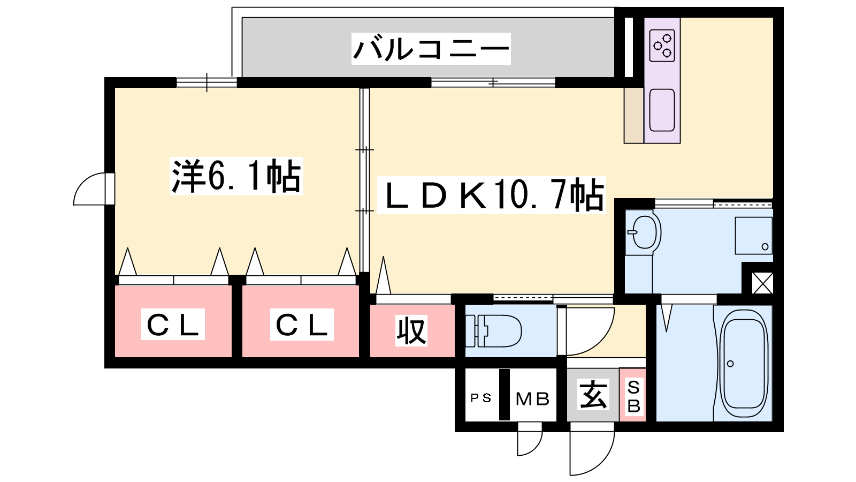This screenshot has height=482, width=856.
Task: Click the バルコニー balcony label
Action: [x=431, y=49]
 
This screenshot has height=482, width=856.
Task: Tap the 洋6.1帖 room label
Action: [x=236, y=176]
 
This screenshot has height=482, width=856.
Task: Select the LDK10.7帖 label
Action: [x=492, y=195]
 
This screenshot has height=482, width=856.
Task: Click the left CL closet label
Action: [x=173, y=324]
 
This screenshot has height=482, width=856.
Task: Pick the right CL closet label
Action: [x=302, y=324]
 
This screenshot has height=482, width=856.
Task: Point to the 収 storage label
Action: [x=411, y=330]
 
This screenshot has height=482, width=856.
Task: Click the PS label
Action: [x=480, y=398]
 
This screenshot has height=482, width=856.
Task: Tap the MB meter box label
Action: [x=532, y=399]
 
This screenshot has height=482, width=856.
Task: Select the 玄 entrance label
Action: [x=593, y=395]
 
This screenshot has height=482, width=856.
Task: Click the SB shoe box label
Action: [x=633, y=396]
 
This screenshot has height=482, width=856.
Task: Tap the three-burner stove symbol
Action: [x=662, y=46]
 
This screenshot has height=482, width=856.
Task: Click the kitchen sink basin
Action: [x=662, y=110]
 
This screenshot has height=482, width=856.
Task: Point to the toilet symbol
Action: [x=495, y=330]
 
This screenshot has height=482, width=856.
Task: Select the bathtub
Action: [x=743, y=364]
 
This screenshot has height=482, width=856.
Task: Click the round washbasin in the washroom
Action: [x=644, y=232]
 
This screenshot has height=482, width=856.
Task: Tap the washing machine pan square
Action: [x=753, y=236]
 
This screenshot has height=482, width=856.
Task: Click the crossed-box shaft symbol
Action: [x=762, y=283]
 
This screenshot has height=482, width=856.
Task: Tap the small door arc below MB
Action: [x=529, y=442]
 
